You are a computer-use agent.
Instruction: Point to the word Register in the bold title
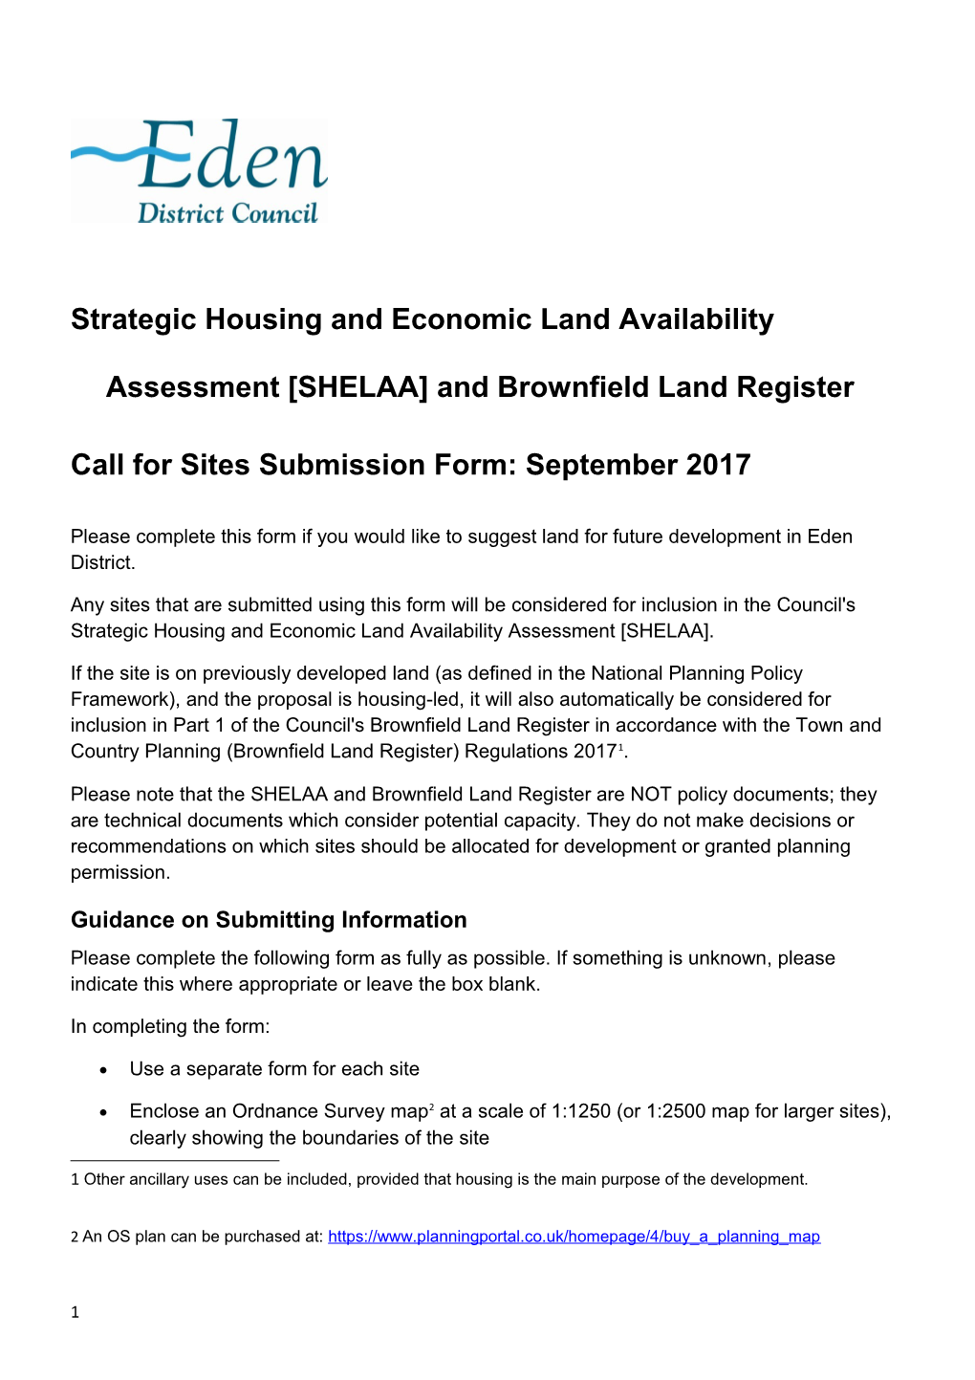click(x=793, y=387)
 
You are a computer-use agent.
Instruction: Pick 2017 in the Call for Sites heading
click(x=717, y=465)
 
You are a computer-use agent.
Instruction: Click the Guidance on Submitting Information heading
click(x=269, y=920)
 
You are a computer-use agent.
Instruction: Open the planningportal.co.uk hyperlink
click(x=574, y=1237)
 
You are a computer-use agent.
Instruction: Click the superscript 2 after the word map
click(x=431, y=1106)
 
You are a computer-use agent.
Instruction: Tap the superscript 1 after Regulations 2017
click(x=620, y=747)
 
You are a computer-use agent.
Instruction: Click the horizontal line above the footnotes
click(x=175, y=1160)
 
